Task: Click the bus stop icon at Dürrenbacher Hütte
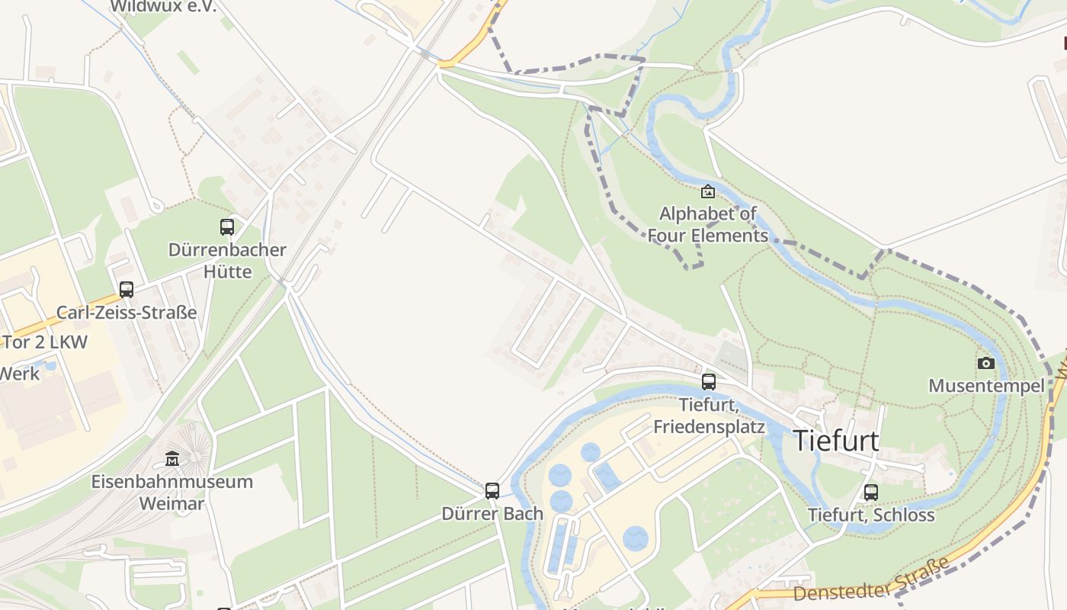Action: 227,226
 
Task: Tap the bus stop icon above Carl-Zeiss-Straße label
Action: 127,290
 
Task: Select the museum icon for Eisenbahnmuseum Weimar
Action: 172,459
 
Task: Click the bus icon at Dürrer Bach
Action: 492,490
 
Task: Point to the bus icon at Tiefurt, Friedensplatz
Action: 709,382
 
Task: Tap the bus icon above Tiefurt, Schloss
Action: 871,492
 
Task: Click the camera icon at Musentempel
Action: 986,363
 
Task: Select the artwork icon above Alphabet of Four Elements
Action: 708,191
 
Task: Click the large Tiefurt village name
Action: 836,441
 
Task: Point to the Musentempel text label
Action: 986,386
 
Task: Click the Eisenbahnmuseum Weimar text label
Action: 171,493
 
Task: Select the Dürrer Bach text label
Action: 492,513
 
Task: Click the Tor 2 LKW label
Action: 46,342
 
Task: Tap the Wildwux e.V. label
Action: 163,7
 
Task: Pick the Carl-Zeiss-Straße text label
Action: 127,313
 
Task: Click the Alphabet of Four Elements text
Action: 708,224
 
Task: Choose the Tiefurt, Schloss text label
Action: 871,515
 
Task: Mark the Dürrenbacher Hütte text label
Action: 227,260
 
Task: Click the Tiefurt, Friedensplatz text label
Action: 709,415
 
